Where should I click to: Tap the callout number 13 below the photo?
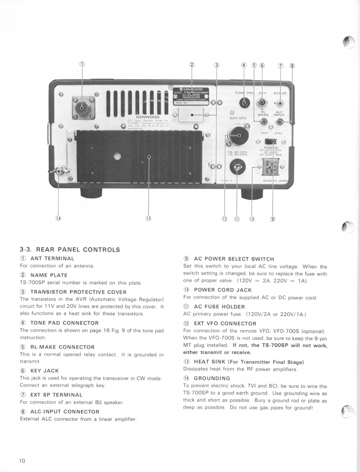(148, 219)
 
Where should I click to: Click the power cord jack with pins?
(266, 167)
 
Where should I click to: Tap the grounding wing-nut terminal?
(58, 172)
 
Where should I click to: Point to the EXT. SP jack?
(279, 103)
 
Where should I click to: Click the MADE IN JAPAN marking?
(278, 181)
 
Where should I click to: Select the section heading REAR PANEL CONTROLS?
(70, 249)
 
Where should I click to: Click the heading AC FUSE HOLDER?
(219, 307)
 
